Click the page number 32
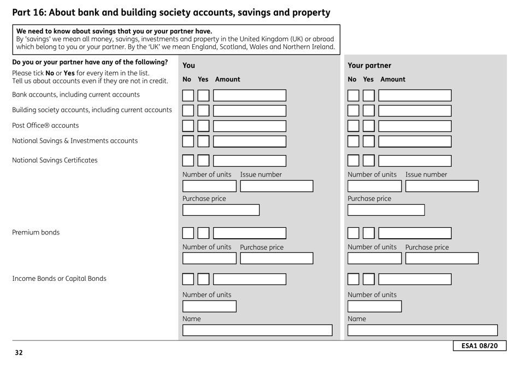[x=19, y=352]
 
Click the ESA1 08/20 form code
[x=479, y=346]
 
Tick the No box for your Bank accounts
[x=188, y=95]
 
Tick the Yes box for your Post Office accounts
[x=203, y=126]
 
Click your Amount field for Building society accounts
[x=249, y=110]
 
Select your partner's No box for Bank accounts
[x=353, y=95]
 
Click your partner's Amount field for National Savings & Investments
[x=415, y=141]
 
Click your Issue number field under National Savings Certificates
[x=276, y=186]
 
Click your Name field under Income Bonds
[x=257, y=330]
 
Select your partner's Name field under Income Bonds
[x=423, y=330]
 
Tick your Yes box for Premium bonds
[x=203, y=233]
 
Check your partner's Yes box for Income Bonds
[x=369, y=279]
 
